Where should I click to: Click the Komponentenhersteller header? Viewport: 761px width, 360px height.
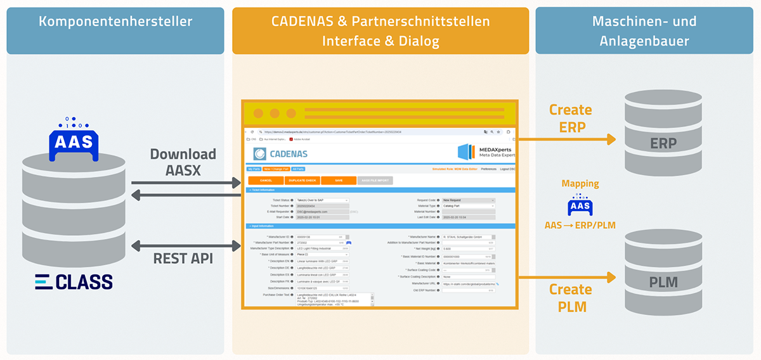pos(115,22)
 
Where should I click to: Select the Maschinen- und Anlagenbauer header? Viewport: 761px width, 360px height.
pos(644,31)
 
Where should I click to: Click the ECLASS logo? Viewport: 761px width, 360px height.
pos(74,281)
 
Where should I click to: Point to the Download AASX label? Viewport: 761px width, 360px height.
pos(183,162)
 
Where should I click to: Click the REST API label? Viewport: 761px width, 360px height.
pos(183,259)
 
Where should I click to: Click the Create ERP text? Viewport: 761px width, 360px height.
pos(570,118)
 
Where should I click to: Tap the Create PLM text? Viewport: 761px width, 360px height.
pos(570,298)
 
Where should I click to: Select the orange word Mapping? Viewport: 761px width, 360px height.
pos(580,184)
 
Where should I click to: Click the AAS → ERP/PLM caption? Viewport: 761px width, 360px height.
pos(580,225)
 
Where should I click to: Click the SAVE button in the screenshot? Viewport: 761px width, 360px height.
pos(338,180)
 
